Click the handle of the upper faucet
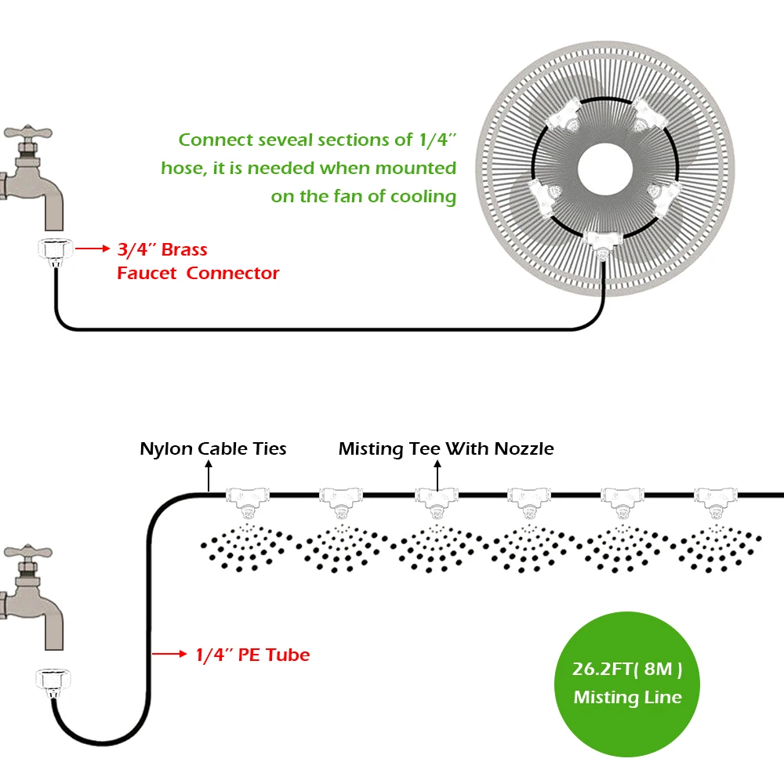[x=28, y=133]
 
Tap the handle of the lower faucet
[x=28, y=553]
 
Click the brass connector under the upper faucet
[x=56, y=250]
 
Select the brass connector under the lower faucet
[x=53, y=681]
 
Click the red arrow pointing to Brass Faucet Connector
[x=93, y=248]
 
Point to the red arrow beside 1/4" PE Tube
[x=169, y=654]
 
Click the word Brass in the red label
[x=184, y=249]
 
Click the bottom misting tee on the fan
[x=603, y=244]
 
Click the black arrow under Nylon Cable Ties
[x=209, y=476]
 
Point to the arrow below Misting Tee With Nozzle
[x=437, y=476]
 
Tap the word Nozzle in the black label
[x=524, y=448]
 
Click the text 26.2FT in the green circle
[x=602, y=669]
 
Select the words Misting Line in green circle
[x=627, y=697]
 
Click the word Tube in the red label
[x=288, y=655]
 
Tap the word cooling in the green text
[x=423, y=197]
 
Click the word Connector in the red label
[x=233, y=273]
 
